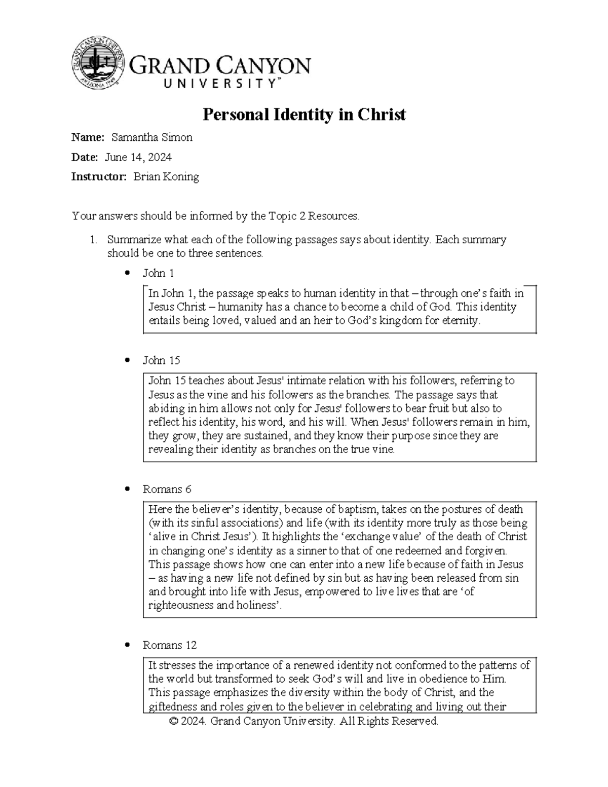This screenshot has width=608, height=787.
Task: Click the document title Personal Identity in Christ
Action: tap(304, 115)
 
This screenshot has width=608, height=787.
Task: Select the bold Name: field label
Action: tap(88, 137)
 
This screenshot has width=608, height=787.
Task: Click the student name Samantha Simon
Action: tap(151, 137)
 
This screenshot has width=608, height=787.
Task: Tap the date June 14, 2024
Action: tap(138, 157)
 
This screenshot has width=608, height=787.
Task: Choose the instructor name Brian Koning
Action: tap(166, 177)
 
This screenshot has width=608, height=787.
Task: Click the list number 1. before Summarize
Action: tap(93, 240)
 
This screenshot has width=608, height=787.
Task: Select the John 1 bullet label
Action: tap(158, 274)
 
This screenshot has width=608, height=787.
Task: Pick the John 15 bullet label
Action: tap(161, 361)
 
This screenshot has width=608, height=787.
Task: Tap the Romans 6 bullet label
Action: tap(167, 490)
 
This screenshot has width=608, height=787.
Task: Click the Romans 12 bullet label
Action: tap(169, 646)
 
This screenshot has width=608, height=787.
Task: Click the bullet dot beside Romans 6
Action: tap(128, 490)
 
